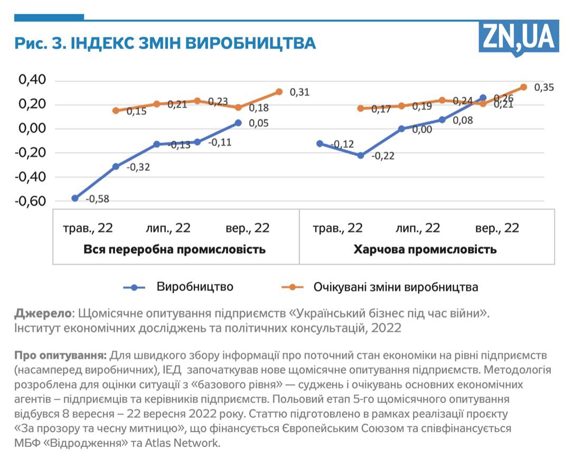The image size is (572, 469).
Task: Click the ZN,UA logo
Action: (518, 37)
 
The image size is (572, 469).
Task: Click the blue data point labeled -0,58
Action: (75, 198)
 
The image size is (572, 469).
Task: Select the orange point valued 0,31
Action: (279, 92)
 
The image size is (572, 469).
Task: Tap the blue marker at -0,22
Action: (361, 156)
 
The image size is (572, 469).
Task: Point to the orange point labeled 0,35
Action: (524, 87)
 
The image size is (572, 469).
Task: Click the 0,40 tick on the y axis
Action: (33, 80)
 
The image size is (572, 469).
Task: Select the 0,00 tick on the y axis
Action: (33, 129)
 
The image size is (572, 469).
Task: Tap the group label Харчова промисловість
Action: (425, 249)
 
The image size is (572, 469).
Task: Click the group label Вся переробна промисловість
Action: (174, 249)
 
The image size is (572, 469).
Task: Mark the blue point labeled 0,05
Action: (238, 123)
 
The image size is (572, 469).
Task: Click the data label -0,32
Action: (139, 168)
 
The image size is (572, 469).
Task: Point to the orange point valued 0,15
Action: (116, 111)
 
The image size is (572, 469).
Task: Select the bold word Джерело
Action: (43, 313)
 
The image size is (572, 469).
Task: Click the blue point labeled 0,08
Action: (442, 120)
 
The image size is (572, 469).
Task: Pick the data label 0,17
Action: (381, 109)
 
